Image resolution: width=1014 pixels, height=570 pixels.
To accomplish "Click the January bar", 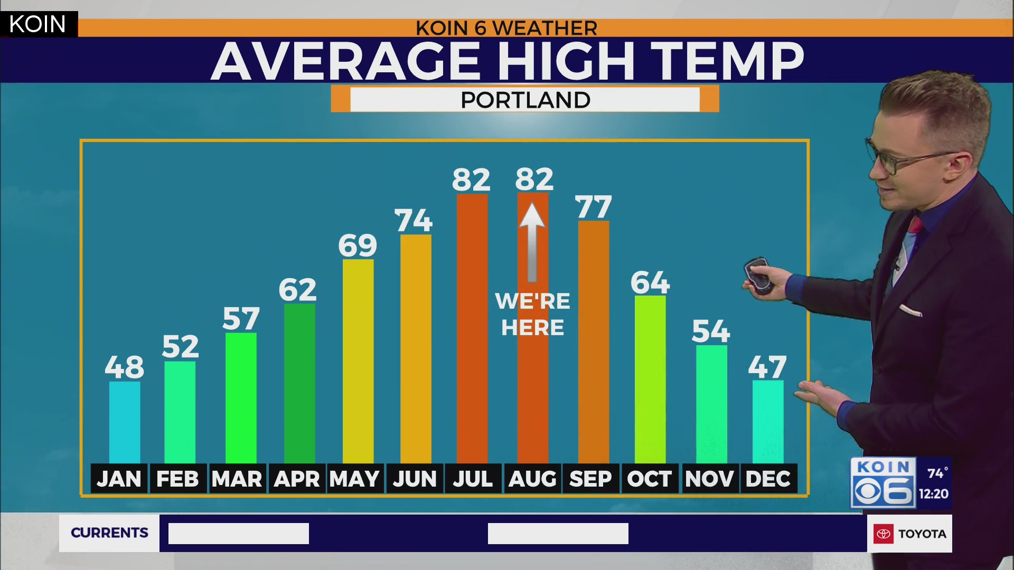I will click(x=125, y=422).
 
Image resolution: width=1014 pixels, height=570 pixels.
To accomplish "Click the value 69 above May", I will click(x=358, y=245).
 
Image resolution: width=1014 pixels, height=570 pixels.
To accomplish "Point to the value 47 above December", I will click(x=767, y=367).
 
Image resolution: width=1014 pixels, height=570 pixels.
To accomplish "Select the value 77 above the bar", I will click(x=594, y=207).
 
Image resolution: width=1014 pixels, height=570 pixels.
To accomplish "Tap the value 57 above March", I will click(x=241, y=319).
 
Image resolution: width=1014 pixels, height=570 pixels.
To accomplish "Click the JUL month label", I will click(x=473, y=479).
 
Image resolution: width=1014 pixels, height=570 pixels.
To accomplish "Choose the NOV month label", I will click(x=709, y=479).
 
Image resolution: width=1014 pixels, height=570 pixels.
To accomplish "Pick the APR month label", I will click(x=297, y=479).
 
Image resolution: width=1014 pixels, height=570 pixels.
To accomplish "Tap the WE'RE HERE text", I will click(x=532, y=314).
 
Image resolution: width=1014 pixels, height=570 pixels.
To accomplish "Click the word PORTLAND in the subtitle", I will click(x=525, y=100).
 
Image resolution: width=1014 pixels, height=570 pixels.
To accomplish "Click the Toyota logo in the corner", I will click(x=884, y=534).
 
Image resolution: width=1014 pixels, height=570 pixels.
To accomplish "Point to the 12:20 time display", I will click(x=933, y=493).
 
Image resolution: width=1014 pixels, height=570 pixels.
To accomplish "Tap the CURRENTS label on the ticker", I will click(x=109, y=533).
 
